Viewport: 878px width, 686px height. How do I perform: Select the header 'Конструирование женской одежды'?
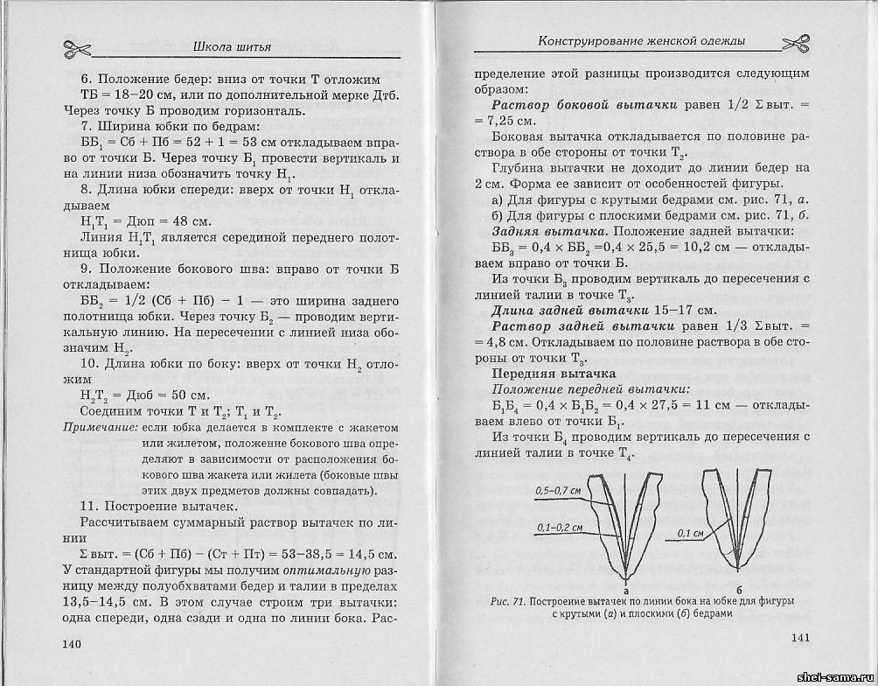coord(642,41)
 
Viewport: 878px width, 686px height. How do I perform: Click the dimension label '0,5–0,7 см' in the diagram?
coord(558,491)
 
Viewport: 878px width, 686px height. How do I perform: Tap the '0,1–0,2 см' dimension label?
coord(556,528)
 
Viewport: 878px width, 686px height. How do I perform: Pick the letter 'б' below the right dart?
coord(740,578)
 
